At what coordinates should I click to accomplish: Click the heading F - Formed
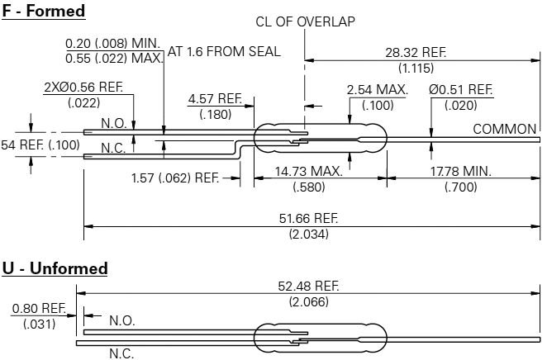point(44,11)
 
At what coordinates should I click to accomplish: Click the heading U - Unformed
point(55,268)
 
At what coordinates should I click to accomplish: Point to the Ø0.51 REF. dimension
point(461,89)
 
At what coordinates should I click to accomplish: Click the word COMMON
point(505,129)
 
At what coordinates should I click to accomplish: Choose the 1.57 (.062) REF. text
point(174,178)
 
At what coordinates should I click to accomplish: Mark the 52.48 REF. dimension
point(309,286)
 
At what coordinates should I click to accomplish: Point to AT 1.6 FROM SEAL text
point(224,51)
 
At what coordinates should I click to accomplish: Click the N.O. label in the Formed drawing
point(113,123)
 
